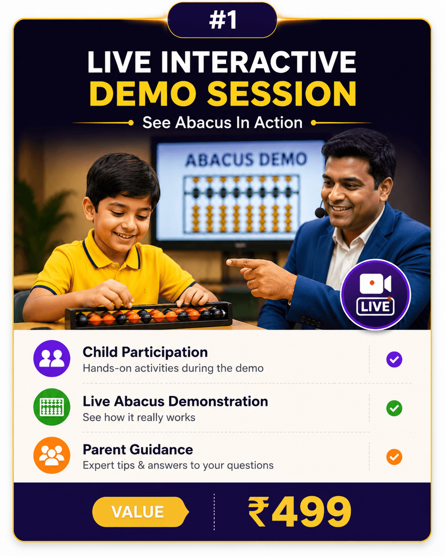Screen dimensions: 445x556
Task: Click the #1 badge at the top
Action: point(222,20)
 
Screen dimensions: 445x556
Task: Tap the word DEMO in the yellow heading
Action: point(142,94)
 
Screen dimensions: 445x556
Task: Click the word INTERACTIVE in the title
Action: point(259,62)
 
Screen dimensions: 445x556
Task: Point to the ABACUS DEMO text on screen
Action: point(246,159)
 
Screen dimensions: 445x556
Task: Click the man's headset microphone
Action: point(320,213)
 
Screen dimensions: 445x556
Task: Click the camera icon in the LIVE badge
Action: point(375,284)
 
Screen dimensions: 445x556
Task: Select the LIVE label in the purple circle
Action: point(375,307)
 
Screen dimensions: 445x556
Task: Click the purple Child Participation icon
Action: point(52,359)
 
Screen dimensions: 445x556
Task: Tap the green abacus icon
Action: point(52,407)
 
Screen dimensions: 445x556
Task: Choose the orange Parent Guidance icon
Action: point(52,455)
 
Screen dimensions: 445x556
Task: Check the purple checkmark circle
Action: point(394,359)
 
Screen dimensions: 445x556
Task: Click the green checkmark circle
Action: point(394,408)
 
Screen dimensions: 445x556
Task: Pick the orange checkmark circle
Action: point(394,457)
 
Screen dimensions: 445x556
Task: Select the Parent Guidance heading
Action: point(138,450)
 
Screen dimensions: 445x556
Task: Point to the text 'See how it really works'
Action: point(139,417)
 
